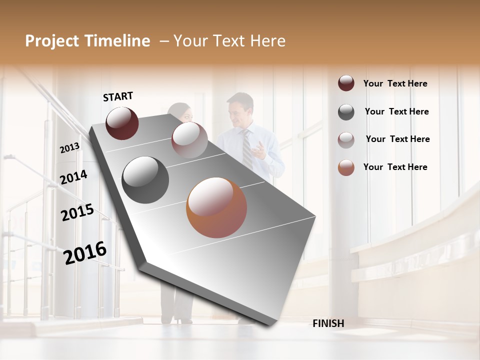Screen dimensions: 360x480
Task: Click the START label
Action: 118,96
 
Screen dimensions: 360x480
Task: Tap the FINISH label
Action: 328,323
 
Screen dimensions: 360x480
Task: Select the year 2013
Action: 69,148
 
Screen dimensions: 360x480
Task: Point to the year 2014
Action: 73,177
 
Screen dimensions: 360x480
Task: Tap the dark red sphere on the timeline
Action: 122,123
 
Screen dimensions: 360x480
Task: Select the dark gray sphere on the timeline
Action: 145,180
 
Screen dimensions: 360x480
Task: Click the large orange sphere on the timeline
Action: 216,207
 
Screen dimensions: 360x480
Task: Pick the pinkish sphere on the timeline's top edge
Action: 189,140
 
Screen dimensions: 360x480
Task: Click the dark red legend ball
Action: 346,83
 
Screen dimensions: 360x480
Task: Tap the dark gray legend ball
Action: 346,112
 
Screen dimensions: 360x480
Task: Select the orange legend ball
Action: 346,167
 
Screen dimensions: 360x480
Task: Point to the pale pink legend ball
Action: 346,139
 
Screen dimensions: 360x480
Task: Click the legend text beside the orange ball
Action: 395,167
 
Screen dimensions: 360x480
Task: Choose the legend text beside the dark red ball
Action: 395,83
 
